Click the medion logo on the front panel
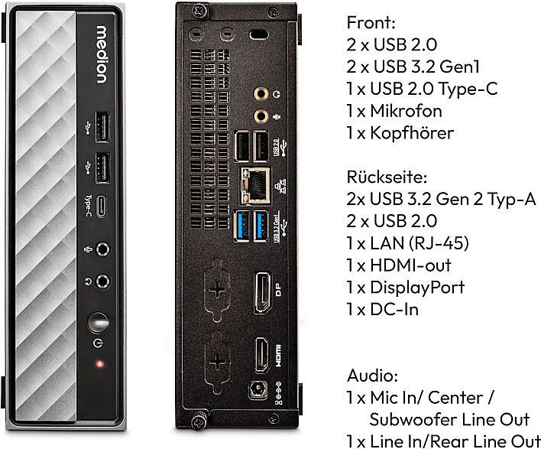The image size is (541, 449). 102,54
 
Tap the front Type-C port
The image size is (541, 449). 101,207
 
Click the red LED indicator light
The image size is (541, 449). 99,363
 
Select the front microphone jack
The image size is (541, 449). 102,249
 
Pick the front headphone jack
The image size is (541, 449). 102,281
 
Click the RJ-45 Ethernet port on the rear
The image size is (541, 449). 255,186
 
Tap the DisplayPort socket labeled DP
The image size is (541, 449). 262,292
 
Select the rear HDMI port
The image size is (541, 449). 262,356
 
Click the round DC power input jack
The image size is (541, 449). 258,389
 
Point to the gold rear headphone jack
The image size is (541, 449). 261,93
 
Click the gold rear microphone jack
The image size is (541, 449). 261,116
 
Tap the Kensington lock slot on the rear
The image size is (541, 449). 258,35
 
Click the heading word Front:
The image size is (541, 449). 371,23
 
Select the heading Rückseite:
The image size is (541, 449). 387,177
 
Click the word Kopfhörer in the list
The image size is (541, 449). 412,133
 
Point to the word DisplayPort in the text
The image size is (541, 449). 417,288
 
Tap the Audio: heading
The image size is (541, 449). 372,376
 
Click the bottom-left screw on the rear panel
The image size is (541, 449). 199,421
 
